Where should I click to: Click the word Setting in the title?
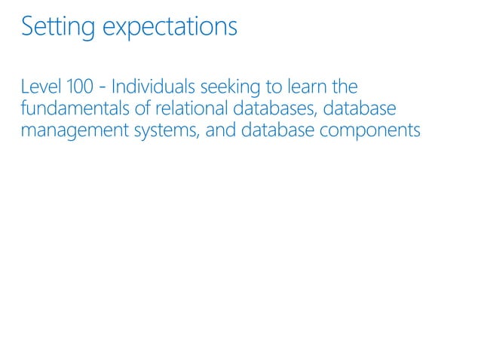58,27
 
